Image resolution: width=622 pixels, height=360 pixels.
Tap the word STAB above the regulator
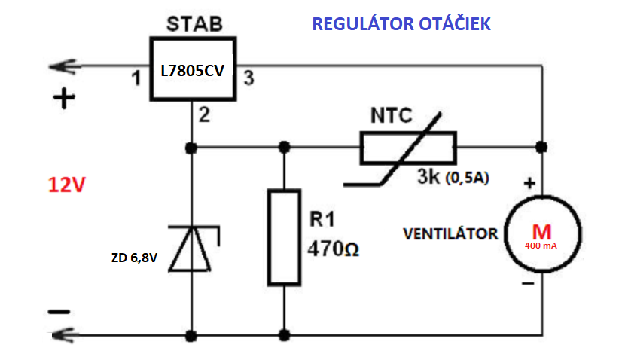pos(194,23)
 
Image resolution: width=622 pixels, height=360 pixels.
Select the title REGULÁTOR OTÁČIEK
pos(401,24)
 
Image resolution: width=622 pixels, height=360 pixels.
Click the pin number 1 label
pos(136,78)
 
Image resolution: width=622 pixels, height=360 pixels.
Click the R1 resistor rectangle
pos(285,237)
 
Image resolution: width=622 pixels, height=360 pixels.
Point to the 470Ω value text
pos(333,247)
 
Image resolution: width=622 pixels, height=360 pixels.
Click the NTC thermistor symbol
pos(407,148)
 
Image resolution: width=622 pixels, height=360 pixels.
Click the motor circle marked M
pos(542,233)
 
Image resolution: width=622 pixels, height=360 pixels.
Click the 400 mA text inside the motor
pos(542,246)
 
